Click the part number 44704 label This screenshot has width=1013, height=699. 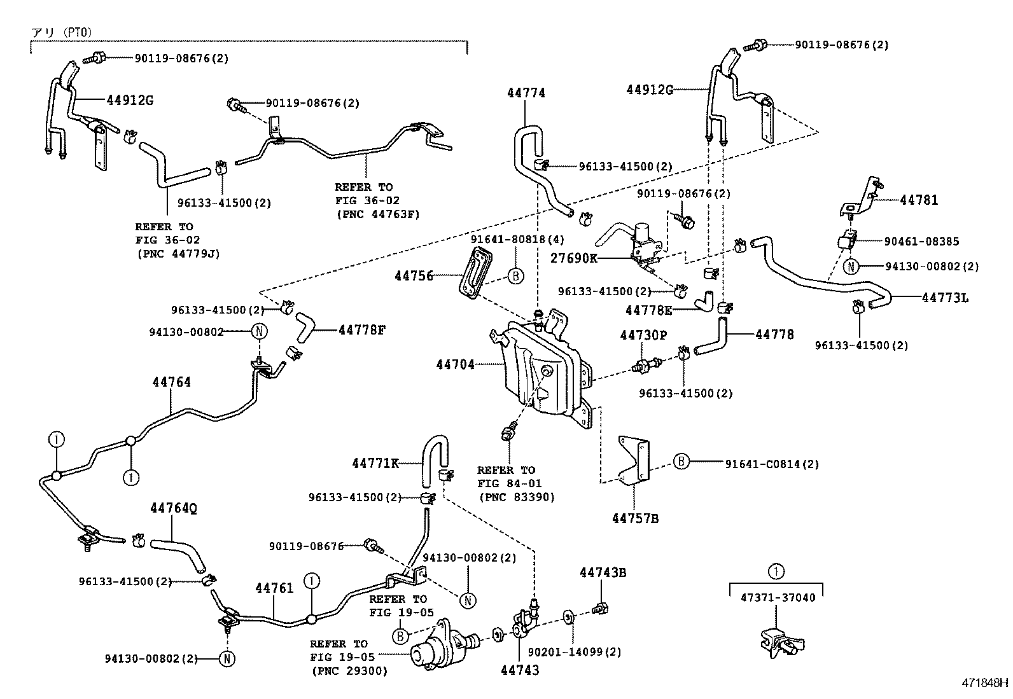(455, 365)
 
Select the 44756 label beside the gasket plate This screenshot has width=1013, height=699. (414, 276)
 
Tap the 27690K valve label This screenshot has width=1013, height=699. (574, 259)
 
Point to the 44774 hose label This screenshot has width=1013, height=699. (526, 93)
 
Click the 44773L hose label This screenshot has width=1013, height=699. (945, 297)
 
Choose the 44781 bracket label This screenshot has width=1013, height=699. (919, 200)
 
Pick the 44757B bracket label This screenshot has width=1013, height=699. (635, 518)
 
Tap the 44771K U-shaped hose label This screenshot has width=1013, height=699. (375, 463)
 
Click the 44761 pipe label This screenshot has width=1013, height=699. (275, 588)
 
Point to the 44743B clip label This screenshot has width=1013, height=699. (603, 572)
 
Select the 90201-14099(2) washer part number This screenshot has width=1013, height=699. (575, 651)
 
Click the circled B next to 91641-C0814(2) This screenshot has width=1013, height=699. (681, 461)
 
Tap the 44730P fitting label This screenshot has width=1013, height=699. (644, 335)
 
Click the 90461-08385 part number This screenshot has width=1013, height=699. (921, 242)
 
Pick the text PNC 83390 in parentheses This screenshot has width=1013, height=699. (517, 497)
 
